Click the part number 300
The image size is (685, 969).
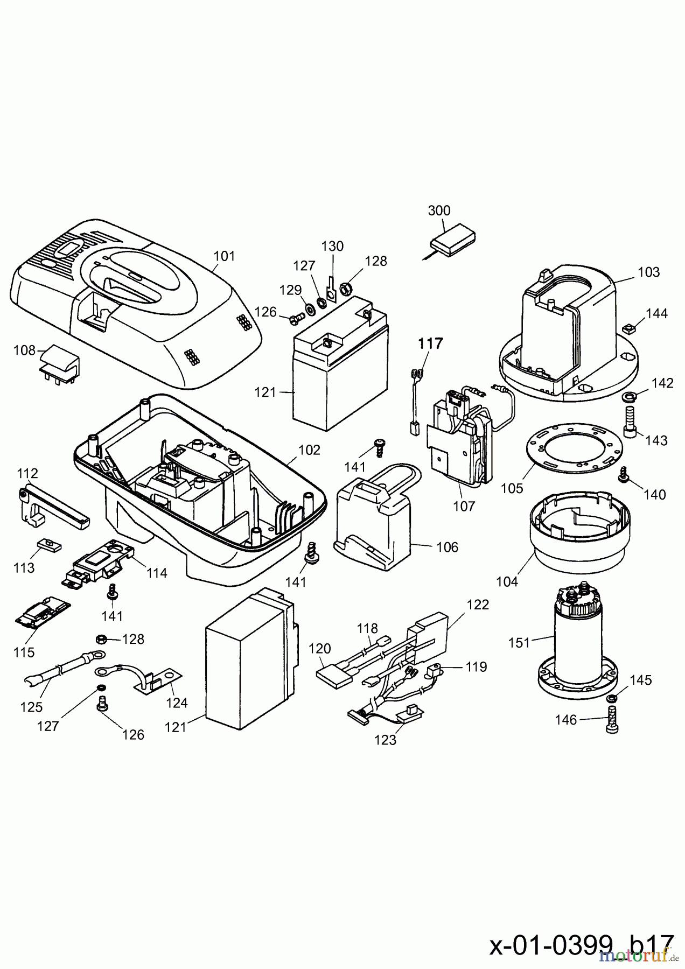pyautogui.click(x=439, y=210)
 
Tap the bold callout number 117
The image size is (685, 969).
pyautogui.click(x=431, y=343)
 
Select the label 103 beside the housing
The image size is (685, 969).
pyautogui.click(x=648, y=272)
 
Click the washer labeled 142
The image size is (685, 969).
pyautogui.click(x=628, y=397)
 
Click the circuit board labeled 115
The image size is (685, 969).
pyautogui.click(x=42, y=612)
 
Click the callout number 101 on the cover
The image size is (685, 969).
pyautogui.click(x=225, y=256)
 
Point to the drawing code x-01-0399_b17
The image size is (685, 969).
pyautogui.click(x=581, y=945)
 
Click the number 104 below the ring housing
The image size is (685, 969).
pyautogui.click(x=507, y=581)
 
